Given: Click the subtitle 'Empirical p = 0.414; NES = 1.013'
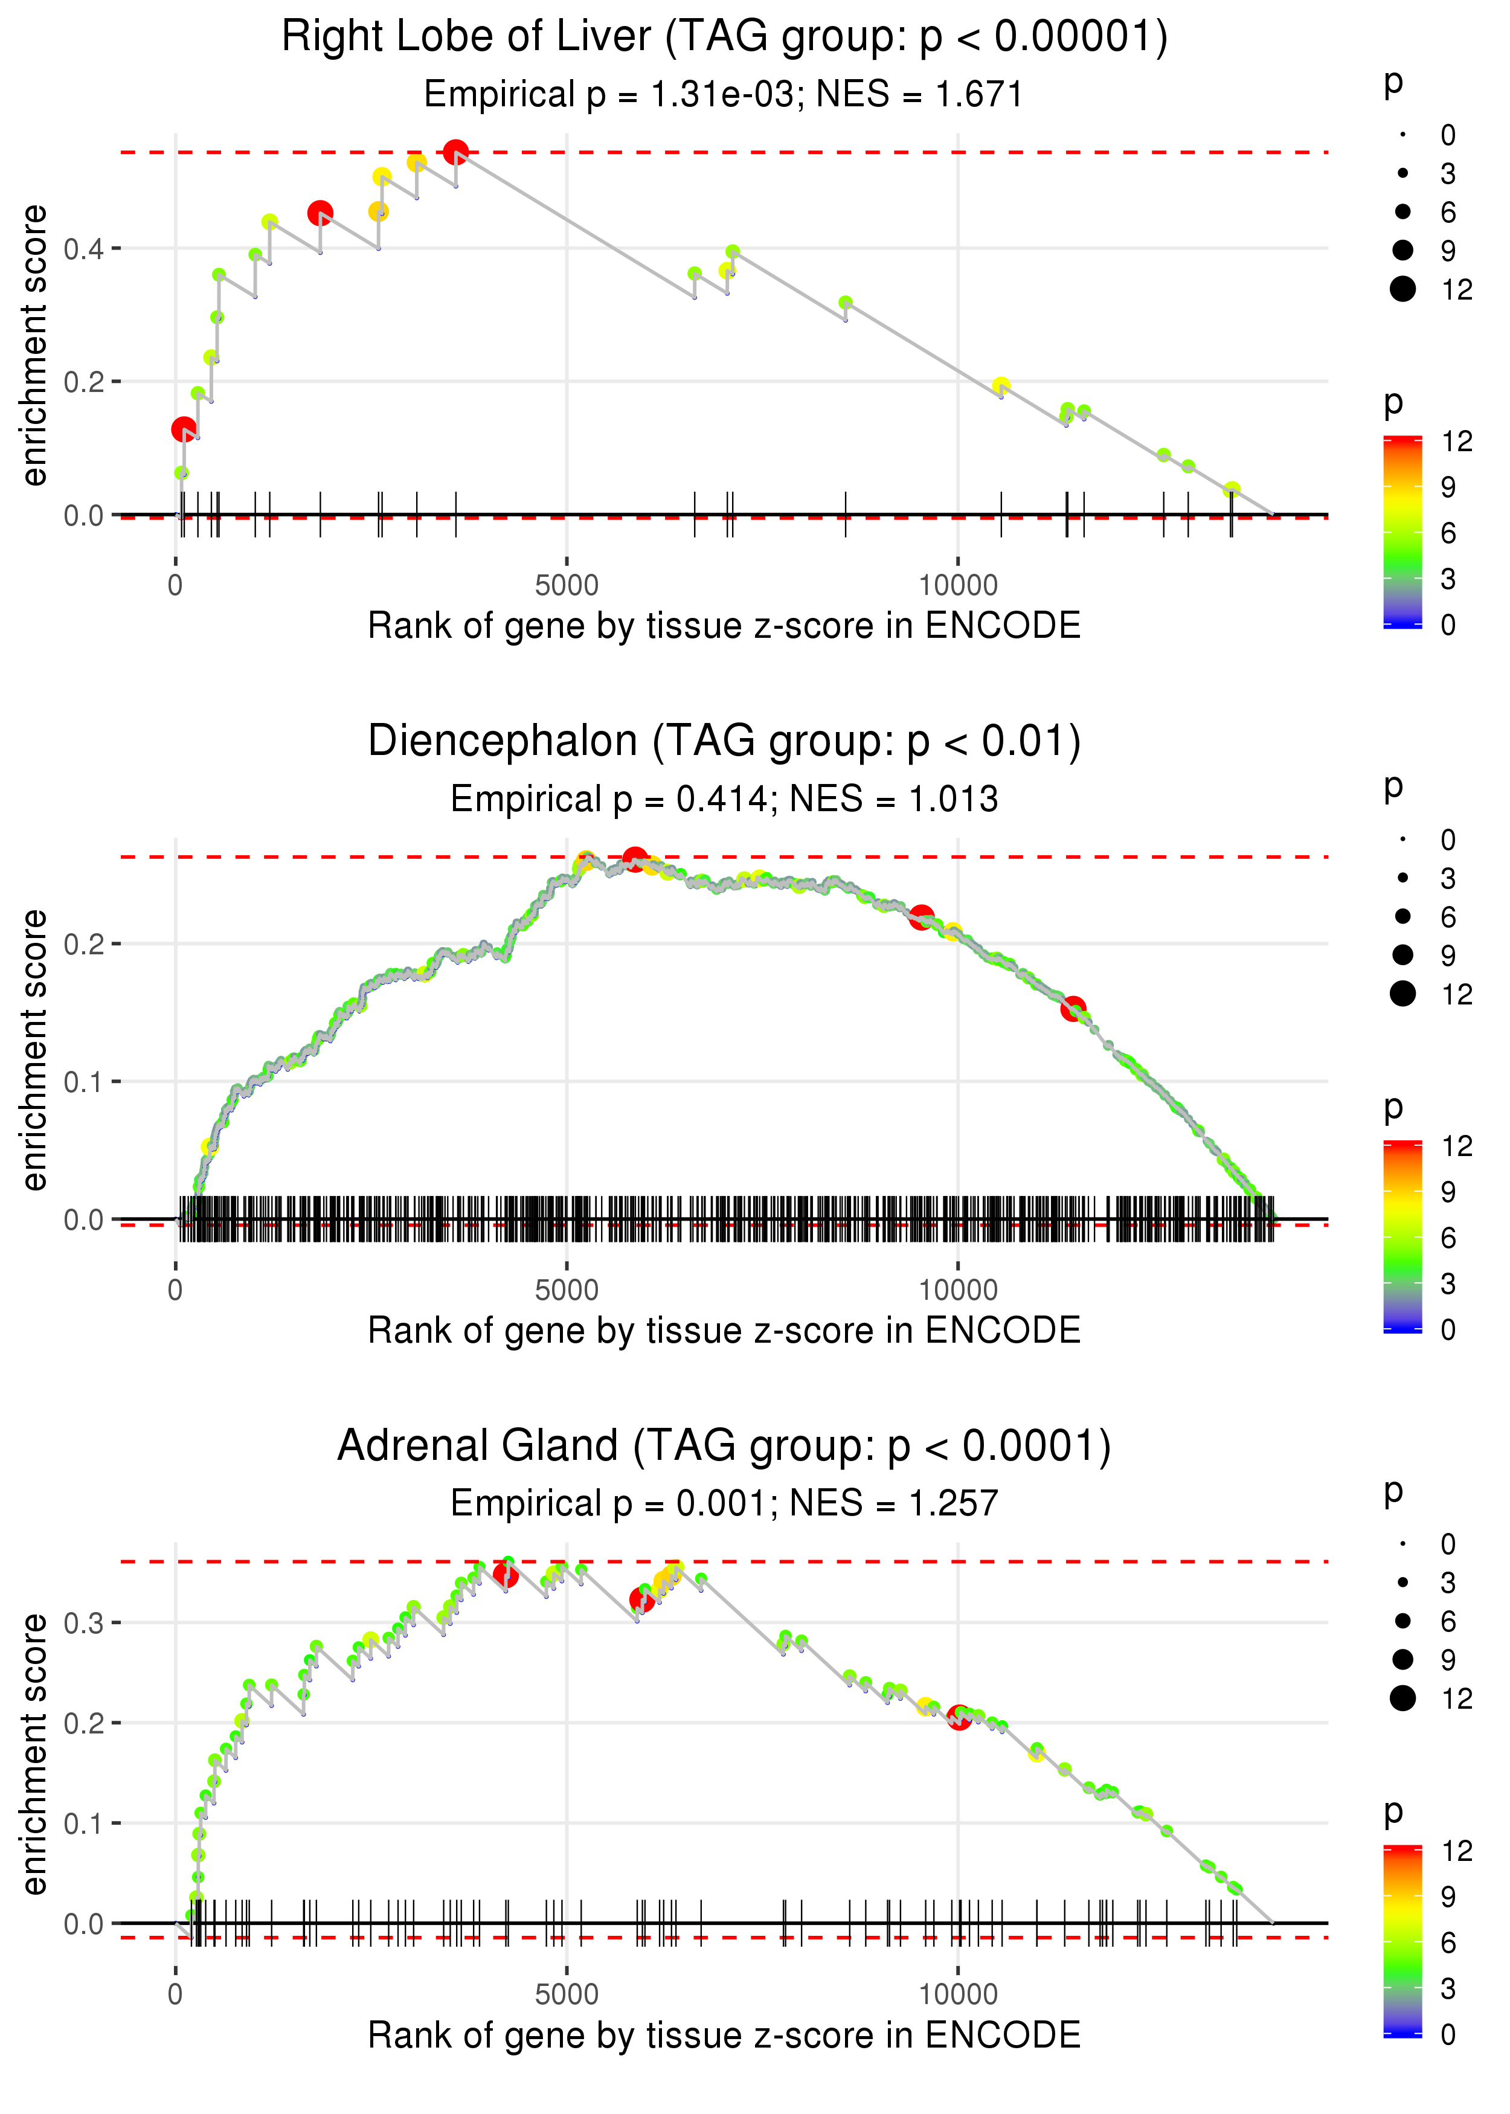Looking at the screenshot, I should pos(724,800).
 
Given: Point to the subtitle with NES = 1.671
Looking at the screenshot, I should pos(724,95).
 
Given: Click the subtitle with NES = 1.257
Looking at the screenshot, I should pos(724,1503).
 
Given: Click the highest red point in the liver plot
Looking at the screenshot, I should pos(455,152).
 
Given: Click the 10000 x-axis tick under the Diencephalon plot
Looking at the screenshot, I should pos(958,1290).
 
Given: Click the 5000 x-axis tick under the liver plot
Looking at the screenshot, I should pos(567,586).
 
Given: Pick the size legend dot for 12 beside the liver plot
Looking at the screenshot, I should pos(1402,289).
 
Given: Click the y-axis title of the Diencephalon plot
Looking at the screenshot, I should pos(34,1050).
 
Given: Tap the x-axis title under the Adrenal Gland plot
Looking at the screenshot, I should pos(724,2035).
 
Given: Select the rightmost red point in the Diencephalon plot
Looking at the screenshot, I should pos(1074,1009).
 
